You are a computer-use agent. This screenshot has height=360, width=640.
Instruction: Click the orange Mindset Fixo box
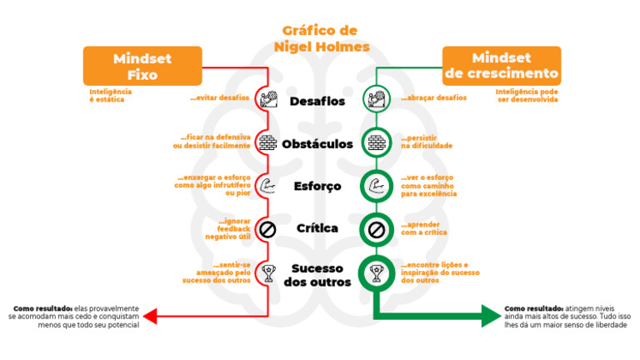142,66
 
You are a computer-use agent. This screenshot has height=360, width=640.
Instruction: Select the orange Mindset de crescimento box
501,66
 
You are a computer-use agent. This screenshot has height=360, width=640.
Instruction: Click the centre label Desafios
317,102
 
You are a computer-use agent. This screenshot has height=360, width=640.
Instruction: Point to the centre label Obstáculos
317,143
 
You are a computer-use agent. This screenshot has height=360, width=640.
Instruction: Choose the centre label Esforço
317,186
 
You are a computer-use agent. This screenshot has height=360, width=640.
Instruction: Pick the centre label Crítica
317,228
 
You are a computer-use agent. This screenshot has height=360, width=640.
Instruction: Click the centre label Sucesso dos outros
317,275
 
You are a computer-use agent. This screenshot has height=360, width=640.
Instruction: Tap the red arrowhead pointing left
149,316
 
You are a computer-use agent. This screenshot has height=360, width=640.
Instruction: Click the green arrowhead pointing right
489,316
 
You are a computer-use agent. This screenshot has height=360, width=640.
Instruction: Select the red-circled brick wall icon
267,142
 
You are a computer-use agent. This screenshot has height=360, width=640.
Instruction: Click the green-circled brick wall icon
375,142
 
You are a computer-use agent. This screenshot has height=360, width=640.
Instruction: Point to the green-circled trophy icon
375,271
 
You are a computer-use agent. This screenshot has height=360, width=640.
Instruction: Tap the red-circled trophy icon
267,271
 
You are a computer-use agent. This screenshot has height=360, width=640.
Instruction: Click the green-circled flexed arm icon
375,185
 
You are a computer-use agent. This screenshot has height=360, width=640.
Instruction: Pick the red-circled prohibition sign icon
267,228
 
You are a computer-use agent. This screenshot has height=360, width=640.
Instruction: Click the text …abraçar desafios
432,98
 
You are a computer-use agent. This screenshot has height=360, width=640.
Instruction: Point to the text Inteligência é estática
111,95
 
